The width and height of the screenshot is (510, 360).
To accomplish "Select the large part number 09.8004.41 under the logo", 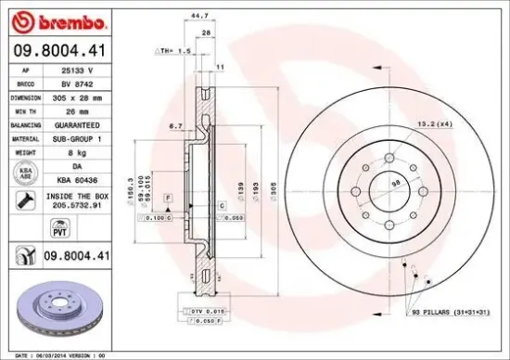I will coord(60,52).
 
